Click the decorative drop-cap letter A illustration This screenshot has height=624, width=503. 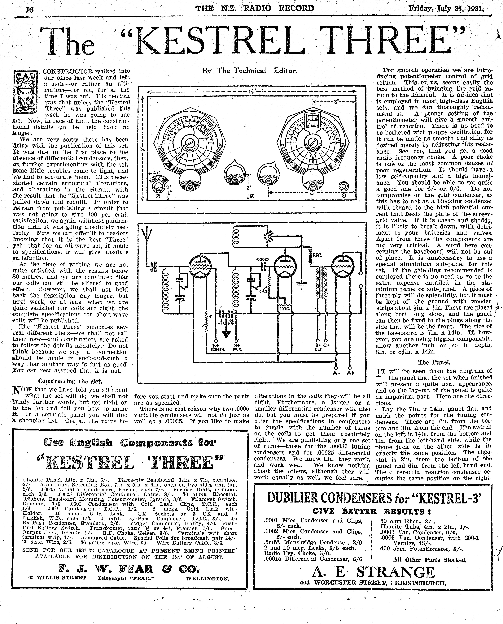tap(25, 92)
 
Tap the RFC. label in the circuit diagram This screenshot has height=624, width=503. tap(318, 255)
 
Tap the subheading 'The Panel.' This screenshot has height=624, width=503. tap(434, 362)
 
